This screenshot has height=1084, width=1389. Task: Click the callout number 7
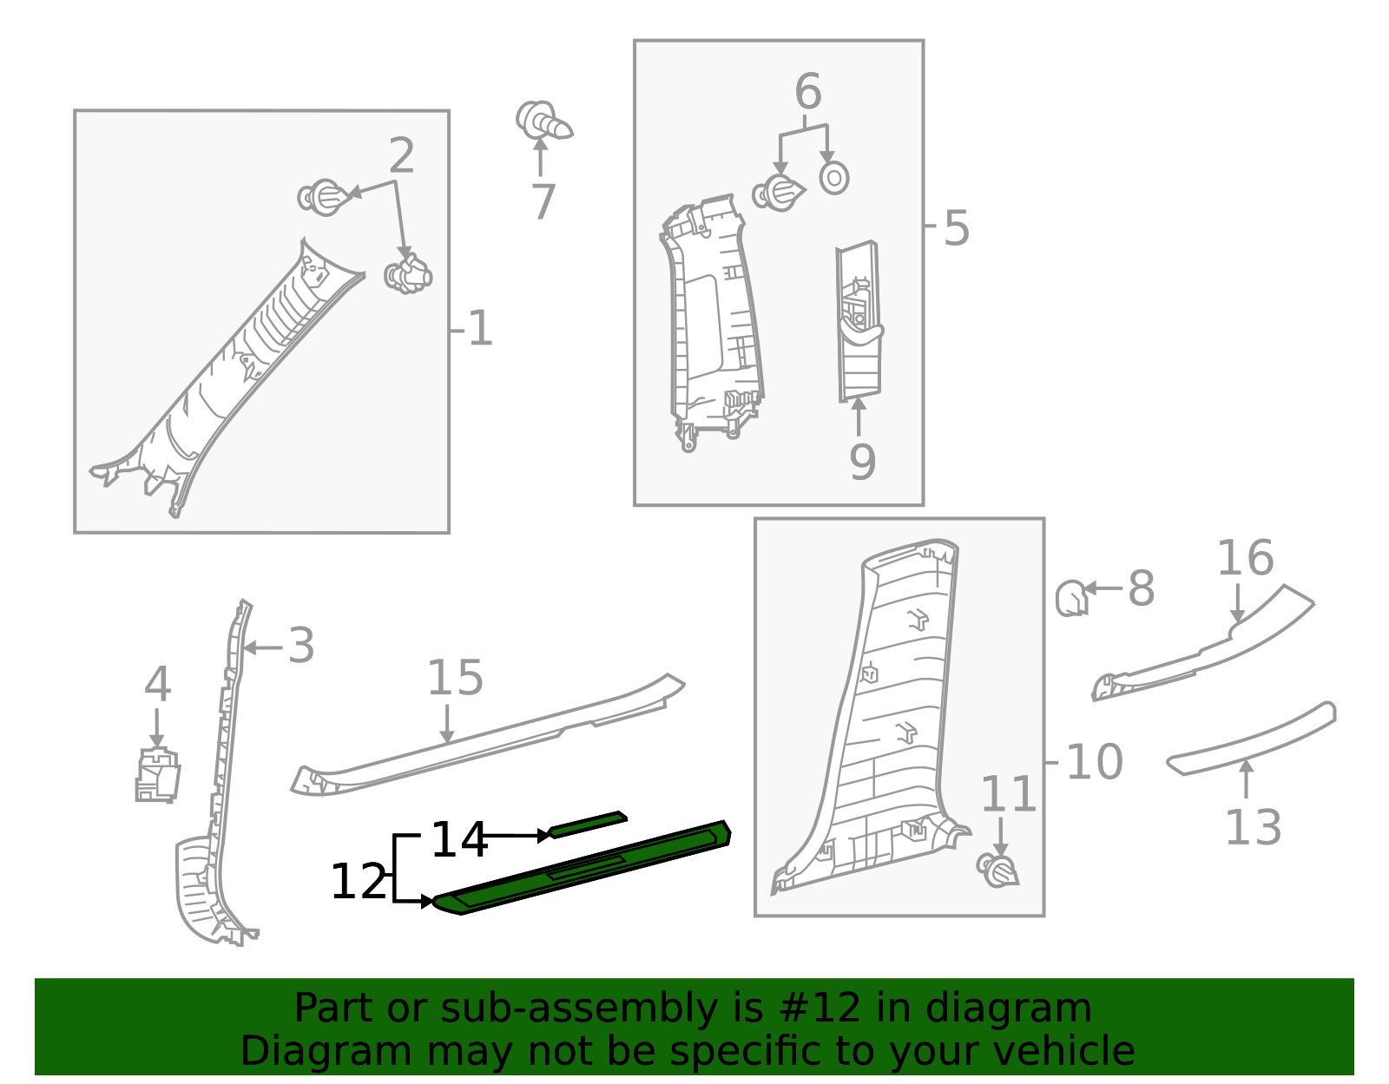[x=544, y=201]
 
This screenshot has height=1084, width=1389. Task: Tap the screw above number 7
[x=544, y=121]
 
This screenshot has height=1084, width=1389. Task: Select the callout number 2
[x=401, y=155]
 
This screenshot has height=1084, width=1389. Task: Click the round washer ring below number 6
[x=834, y=178]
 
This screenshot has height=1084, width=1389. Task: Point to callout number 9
[x=862, y=462]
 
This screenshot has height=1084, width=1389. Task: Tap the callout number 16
[x=1245, y=558]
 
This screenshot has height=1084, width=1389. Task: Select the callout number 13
[x=1254, y=827]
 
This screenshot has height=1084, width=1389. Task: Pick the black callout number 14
[x=459, y=840]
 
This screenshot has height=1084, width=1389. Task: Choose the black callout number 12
[x=359, y=882]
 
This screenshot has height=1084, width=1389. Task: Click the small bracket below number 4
[x=157, y=774]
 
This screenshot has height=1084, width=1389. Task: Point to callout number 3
[x=301, y=646]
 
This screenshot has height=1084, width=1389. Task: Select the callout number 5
[x=957, y=228]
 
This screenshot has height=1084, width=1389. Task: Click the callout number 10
[x=1095, y=762]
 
